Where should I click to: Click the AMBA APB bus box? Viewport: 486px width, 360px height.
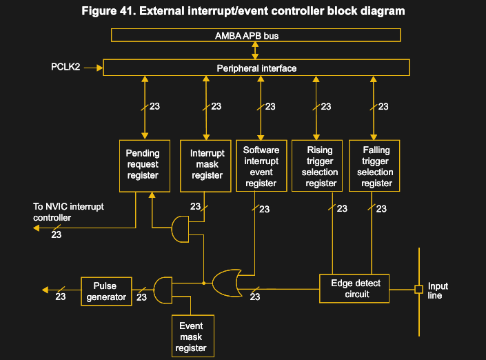(x=256, y=35)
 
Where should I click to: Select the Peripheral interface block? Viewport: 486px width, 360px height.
(x=256, y=68)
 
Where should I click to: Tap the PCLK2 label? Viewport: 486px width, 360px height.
(x=65, y=68)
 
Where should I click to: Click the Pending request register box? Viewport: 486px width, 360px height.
(x=143, y=165)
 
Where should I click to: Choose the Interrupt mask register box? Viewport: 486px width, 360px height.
(x=207, y=165)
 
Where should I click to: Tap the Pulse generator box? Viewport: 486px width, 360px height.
(x=105, y=291)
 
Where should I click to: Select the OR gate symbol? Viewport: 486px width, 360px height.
(x=226, y=283)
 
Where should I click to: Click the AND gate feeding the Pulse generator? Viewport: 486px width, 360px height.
(x=163, y=290)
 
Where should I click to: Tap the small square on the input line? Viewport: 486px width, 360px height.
(x=418, y=289)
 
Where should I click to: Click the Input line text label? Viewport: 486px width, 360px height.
(x=438, y=290)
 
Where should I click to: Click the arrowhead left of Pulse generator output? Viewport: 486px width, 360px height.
(x=44, y=290)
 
